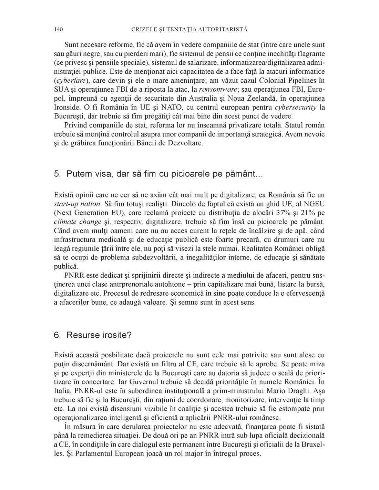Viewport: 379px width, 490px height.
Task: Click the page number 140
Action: tap(58, 30)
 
